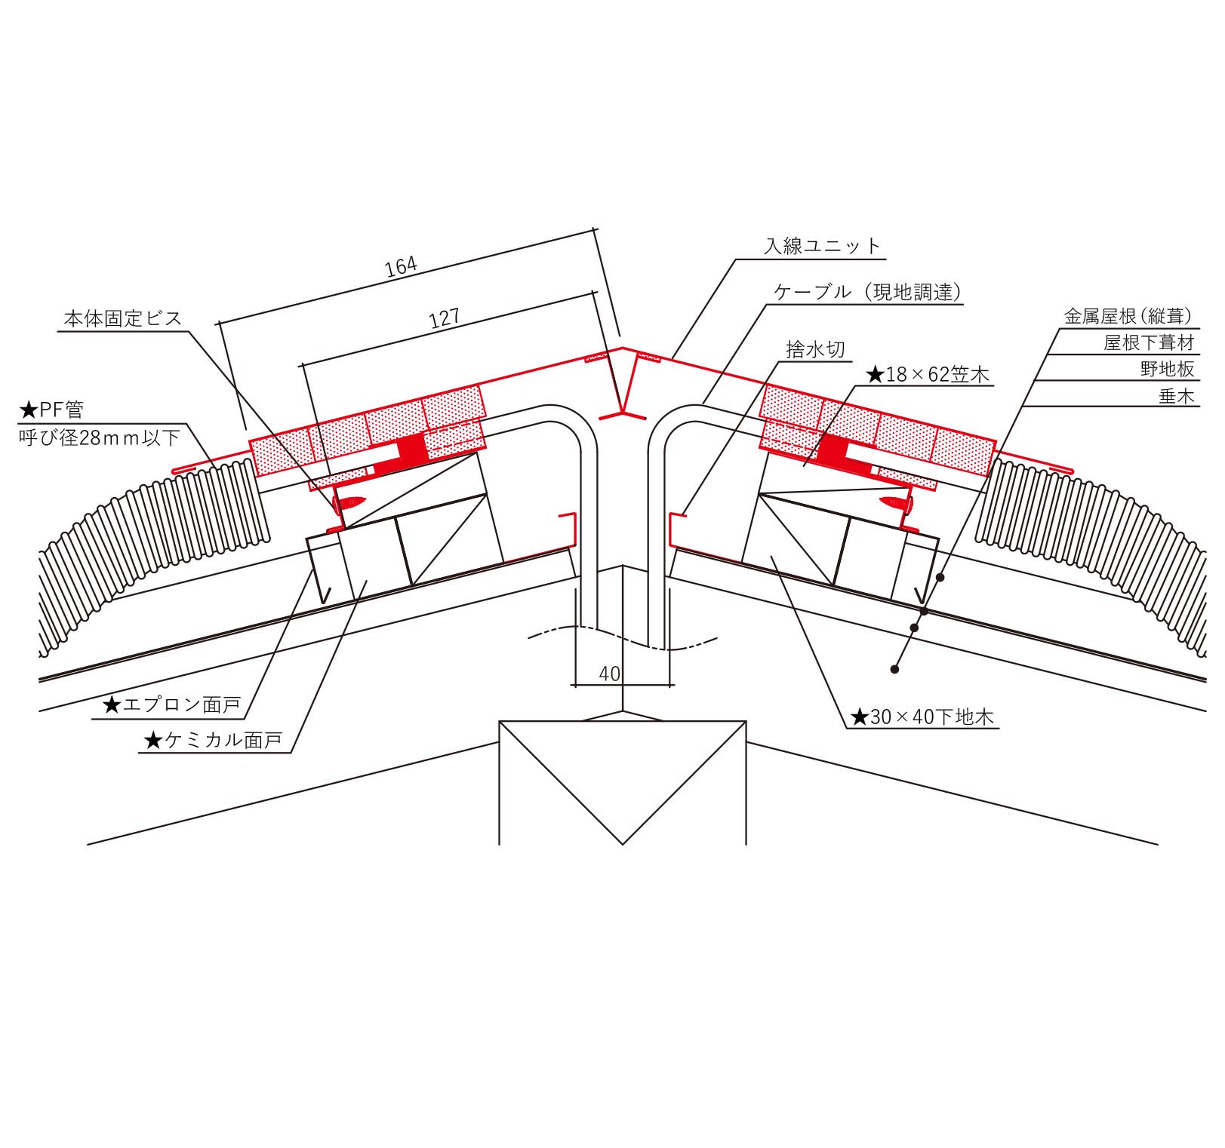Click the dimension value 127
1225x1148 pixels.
point(445,318)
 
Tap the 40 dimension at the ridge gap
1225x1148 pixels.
point(609,674)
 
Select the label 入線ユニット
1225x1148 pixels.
point(822,246)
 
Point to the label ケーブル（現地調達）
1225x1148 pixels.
point(869,292)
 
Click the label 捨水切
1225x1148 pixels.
point(815,349)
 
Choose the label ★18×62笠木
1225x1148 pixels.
point(927,374)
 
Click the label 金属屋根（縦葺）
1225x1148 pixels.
point(1129,316)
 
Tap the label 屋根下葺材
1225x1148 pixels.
point(1150,343)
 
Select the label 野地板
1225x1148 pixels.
point(1168,370)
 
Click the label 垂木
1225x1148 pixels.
point(1177,396)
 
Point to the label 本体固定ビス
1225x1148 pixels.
point(123,318)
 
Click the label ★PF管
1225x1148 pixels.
point(51,410)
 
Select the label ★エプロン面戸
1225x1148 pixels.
point(171,705)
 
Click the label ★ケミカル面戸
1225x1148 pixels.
point(213,741)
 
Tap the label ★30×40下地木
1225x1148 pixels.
point(922,717)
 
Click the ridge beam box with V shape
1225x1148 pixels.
point(623,783)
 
